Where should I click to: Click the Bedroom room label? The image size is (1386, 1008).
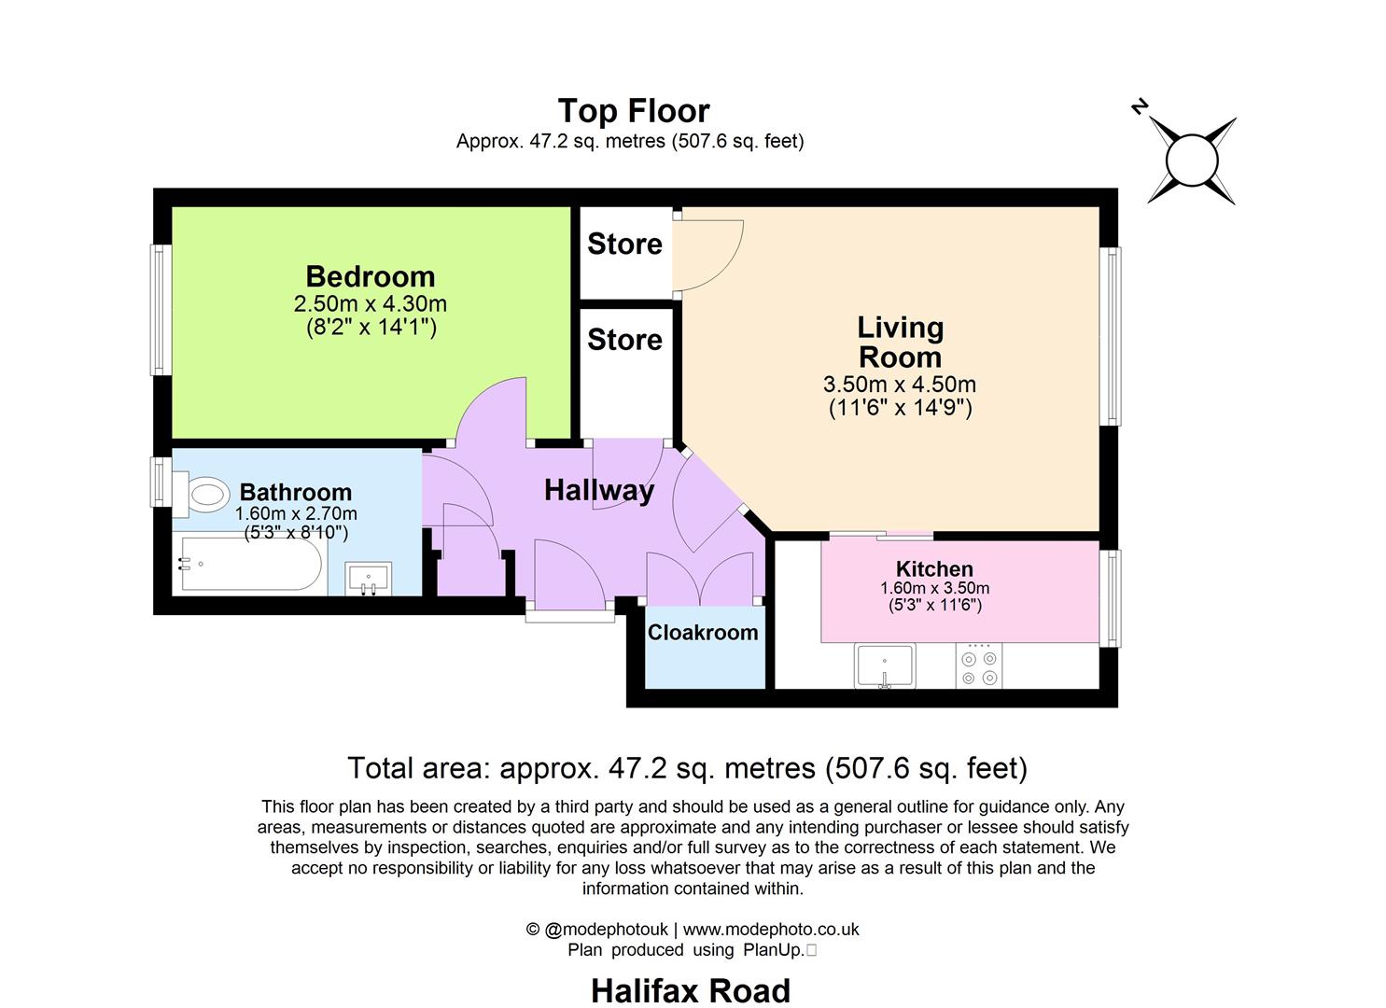pos(371,276)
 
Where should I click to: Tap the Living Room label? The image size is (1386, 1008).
pos(900,342)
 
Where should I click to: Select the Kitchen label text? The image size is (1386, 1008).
pos(934,568)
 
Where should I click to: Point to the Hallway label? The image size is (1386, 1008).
pos(599,490)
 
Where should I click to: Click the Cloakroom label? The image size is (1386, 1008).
pos(703,632)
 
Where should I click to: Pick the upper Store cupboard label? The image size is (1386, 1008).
pos(624,244)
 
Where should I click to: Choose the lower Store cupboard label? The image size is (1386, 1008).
pos(624,339)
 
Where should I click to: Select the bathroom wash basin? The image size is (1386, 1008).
pos(368,578)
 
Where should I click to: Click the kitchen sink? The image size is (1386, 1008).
pos(885,666)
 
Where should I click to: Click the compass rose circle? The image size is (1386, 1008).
pos(1193,161)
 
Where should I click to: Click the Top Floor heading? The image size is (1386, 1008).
pos(634,110)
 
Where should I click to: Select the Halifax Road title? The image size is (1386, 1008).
pos(691,990)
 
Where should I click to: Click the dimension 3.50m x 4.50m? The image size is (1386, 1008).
pos(900,384)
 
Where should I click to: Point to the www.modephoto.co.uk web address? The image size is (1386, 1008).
pos(771,929)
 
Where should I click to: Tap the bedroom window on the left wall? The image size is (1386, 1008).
pos(161,310)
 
